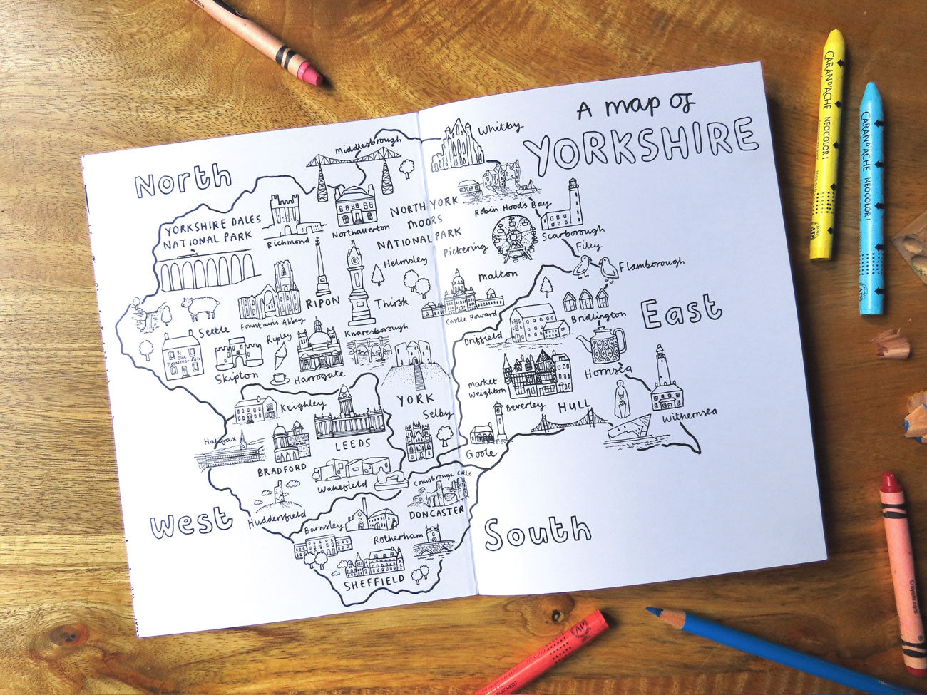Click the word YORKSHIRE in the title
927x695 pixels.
pos(640,145)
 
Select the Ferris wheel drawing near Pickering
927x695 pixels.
pos(514,240)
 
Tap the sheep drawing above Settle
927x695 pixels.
pos(201,308)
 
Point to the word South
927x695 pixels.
pos(538,532)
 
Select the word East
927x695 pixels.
pos(681,312)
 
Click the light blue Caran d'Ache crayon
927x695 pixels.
pos(871,199)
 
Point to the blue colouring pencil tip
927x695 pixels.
pos(651,611)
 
